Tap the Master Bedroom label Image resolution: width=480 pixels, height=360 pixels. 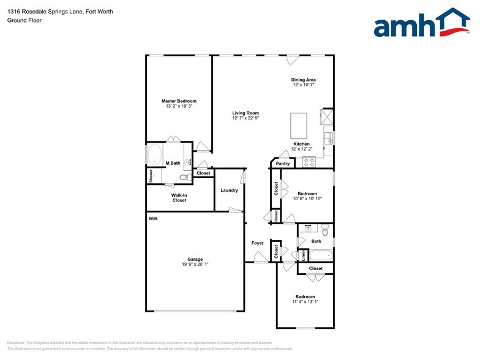pyautogui.click(x=179, y=101)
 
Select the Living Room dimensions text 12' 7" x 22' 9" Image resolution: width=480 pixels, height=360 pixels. pyautogui.click(x=246, y=118)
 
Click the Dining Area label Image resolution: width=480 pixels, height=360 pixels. pyautogui.click(x=303, y=80)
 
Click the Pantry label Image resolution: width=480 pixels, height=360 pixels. pyautogui.click(x=283, y=163)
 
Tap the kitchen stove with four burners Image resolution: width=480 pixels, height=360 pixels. pyautogui.click(x=309, y=162)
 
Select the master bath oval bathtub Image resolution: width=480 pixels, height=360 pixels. pyautogui.click(x=154, y=154)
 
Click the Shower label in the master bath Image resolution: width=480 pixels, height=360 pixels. pyautogui.click(x=151, y=175)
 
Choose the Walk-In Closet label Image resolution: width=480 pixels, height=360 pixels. pyautogui.click(x=179, y=198)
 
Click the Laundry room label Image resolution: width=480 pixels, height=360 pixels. pyautogui.click(x=229, y=190)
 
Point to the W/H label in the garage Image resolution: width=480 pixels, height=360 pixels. pyautogui.click(x=152, y=219)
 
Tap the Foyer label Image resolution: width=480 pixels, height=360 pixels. pyautogui.click(x=258, y=243)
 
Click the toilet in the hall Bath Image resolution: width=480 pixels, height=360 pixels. pyautogui.click(x=325, y=230)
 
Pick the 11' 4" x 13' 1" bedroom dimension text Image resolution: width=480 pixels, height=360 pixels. pyautogui.click(x=305, y=301)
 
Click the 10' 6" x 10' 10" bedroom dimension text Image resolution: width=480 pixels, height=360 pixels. pyautogui.click(x=307, y=198)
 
